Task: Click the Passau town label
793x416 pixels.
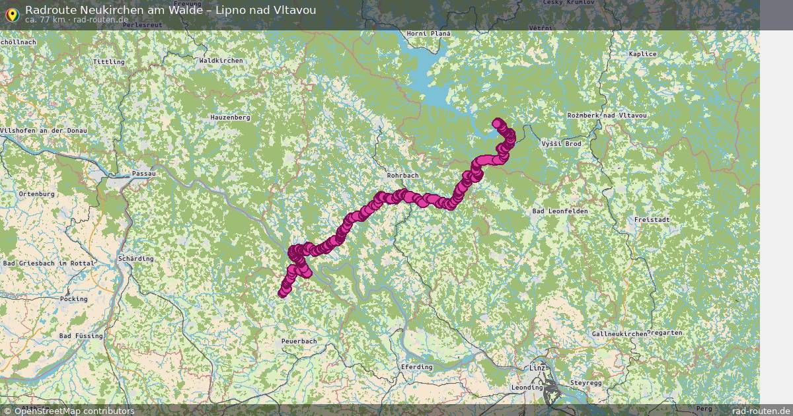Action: click(x=143, y=174)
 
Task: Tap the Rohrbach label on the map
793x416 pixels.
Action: click(x=402, y=176)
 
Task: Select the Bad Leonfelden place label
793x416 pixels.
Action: click(x=560, y=211)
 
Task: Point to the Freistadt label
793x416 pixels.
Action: click(x=652, y=219)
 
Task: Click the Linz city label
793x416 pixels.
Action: click(x=537, y=367)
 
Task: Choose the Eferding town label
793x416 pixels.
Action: click(x=416, y=366)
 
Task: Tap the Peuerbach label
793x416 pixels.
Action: click(x=299, y=341)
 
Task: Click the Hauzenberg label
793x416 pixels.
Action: click(x=230, y=118)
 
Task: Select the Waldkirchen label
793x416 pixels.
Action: click(x=221, y=61)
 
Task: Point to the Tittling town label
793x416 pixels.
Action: click(x=108, y=61)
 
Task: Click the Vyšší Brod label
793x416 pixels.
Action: click(x=560, y=143)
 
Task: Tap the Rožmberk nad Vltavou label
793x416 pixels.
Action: click(x=607, y=116)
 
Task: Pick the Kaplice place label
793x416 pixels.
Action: click(x=643, y=54)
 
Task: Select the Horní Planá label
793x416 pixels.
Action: click(x=428, y=34)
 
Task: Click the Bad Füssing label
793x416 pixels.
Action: click(x=81, y=336)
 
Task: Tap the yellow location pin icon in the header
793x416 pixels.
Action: click(x=12, y=13)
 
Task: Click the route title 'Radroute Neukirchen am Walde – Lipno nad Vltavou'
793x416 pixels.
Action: click(x=170, y=9)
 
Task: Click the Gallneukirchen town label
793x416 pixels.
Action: click(x=620, y=335)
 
